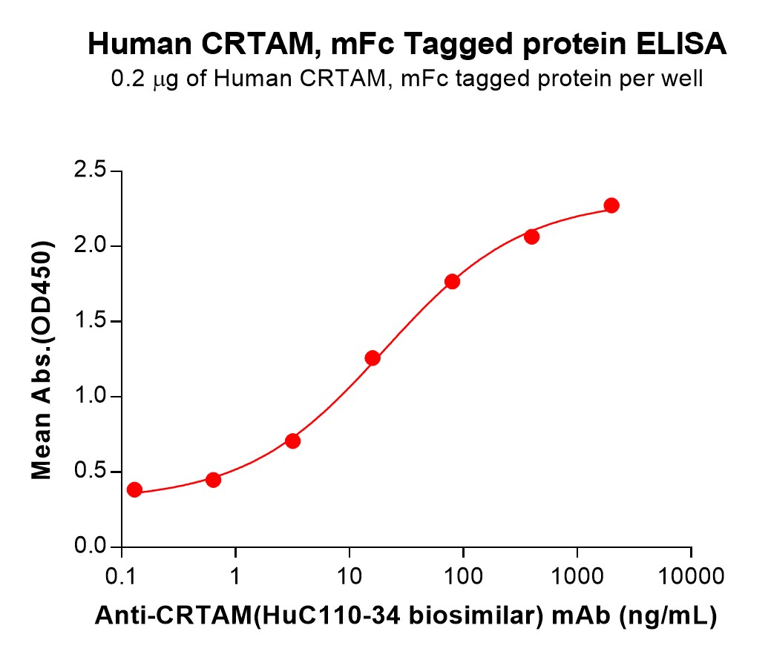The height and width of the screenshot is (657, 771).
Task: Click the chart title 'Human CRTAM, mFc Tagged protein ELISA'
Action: (407, 45)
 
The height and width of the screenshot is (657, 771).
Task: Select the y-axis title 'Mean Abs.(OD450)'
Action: (44, 359)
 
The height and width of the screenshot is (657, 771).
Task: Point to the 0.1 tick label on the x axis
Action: (121, 575)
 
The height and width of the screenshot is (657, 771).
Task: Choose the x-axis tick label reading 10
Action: (350, 575)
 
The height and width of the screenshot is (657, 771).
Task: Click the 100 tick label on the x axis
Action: (464, 575)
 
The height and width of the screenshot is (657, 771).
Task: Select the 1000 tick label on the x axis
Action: (577, 575)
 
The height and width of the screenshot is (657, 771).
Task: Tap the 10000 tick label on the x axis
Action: (692, 575)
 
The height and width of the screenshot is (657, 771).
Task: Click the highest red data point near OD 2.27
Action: (611, 205)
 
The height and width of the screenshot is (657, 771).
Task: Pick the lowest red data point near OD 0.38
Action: (134, 489)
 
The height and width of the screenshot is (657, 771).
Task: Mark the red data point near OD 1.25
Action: (373, 358)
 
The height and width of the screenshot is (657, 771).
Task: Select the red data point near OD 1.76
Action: (452, 281)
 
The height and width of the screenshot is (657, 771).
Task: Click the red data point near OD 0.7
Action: (292, 441)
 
